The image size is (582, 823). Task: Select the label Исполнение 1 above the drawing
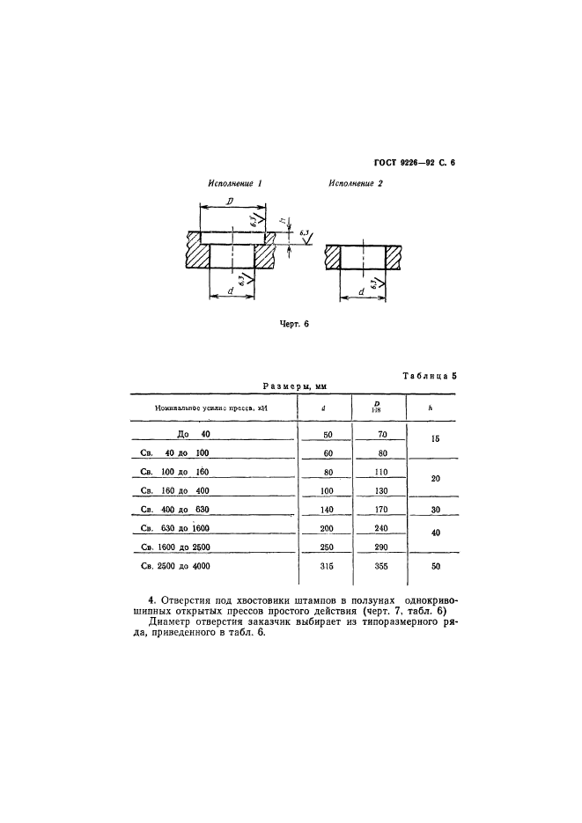click(236, 184)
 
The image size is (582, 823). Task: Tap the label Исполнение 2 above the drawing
click(356, 184)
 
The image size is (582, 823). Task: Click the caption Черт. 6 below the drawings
click(293, 323)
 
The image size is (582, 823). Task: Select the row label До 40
click(195, 435)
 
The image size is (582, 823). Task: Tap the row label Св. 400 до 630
click(177, 511)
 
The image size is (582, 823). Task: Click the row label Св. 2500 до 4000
click(177, 566)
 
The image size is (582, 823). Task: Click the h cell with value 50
click(432, 566)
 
